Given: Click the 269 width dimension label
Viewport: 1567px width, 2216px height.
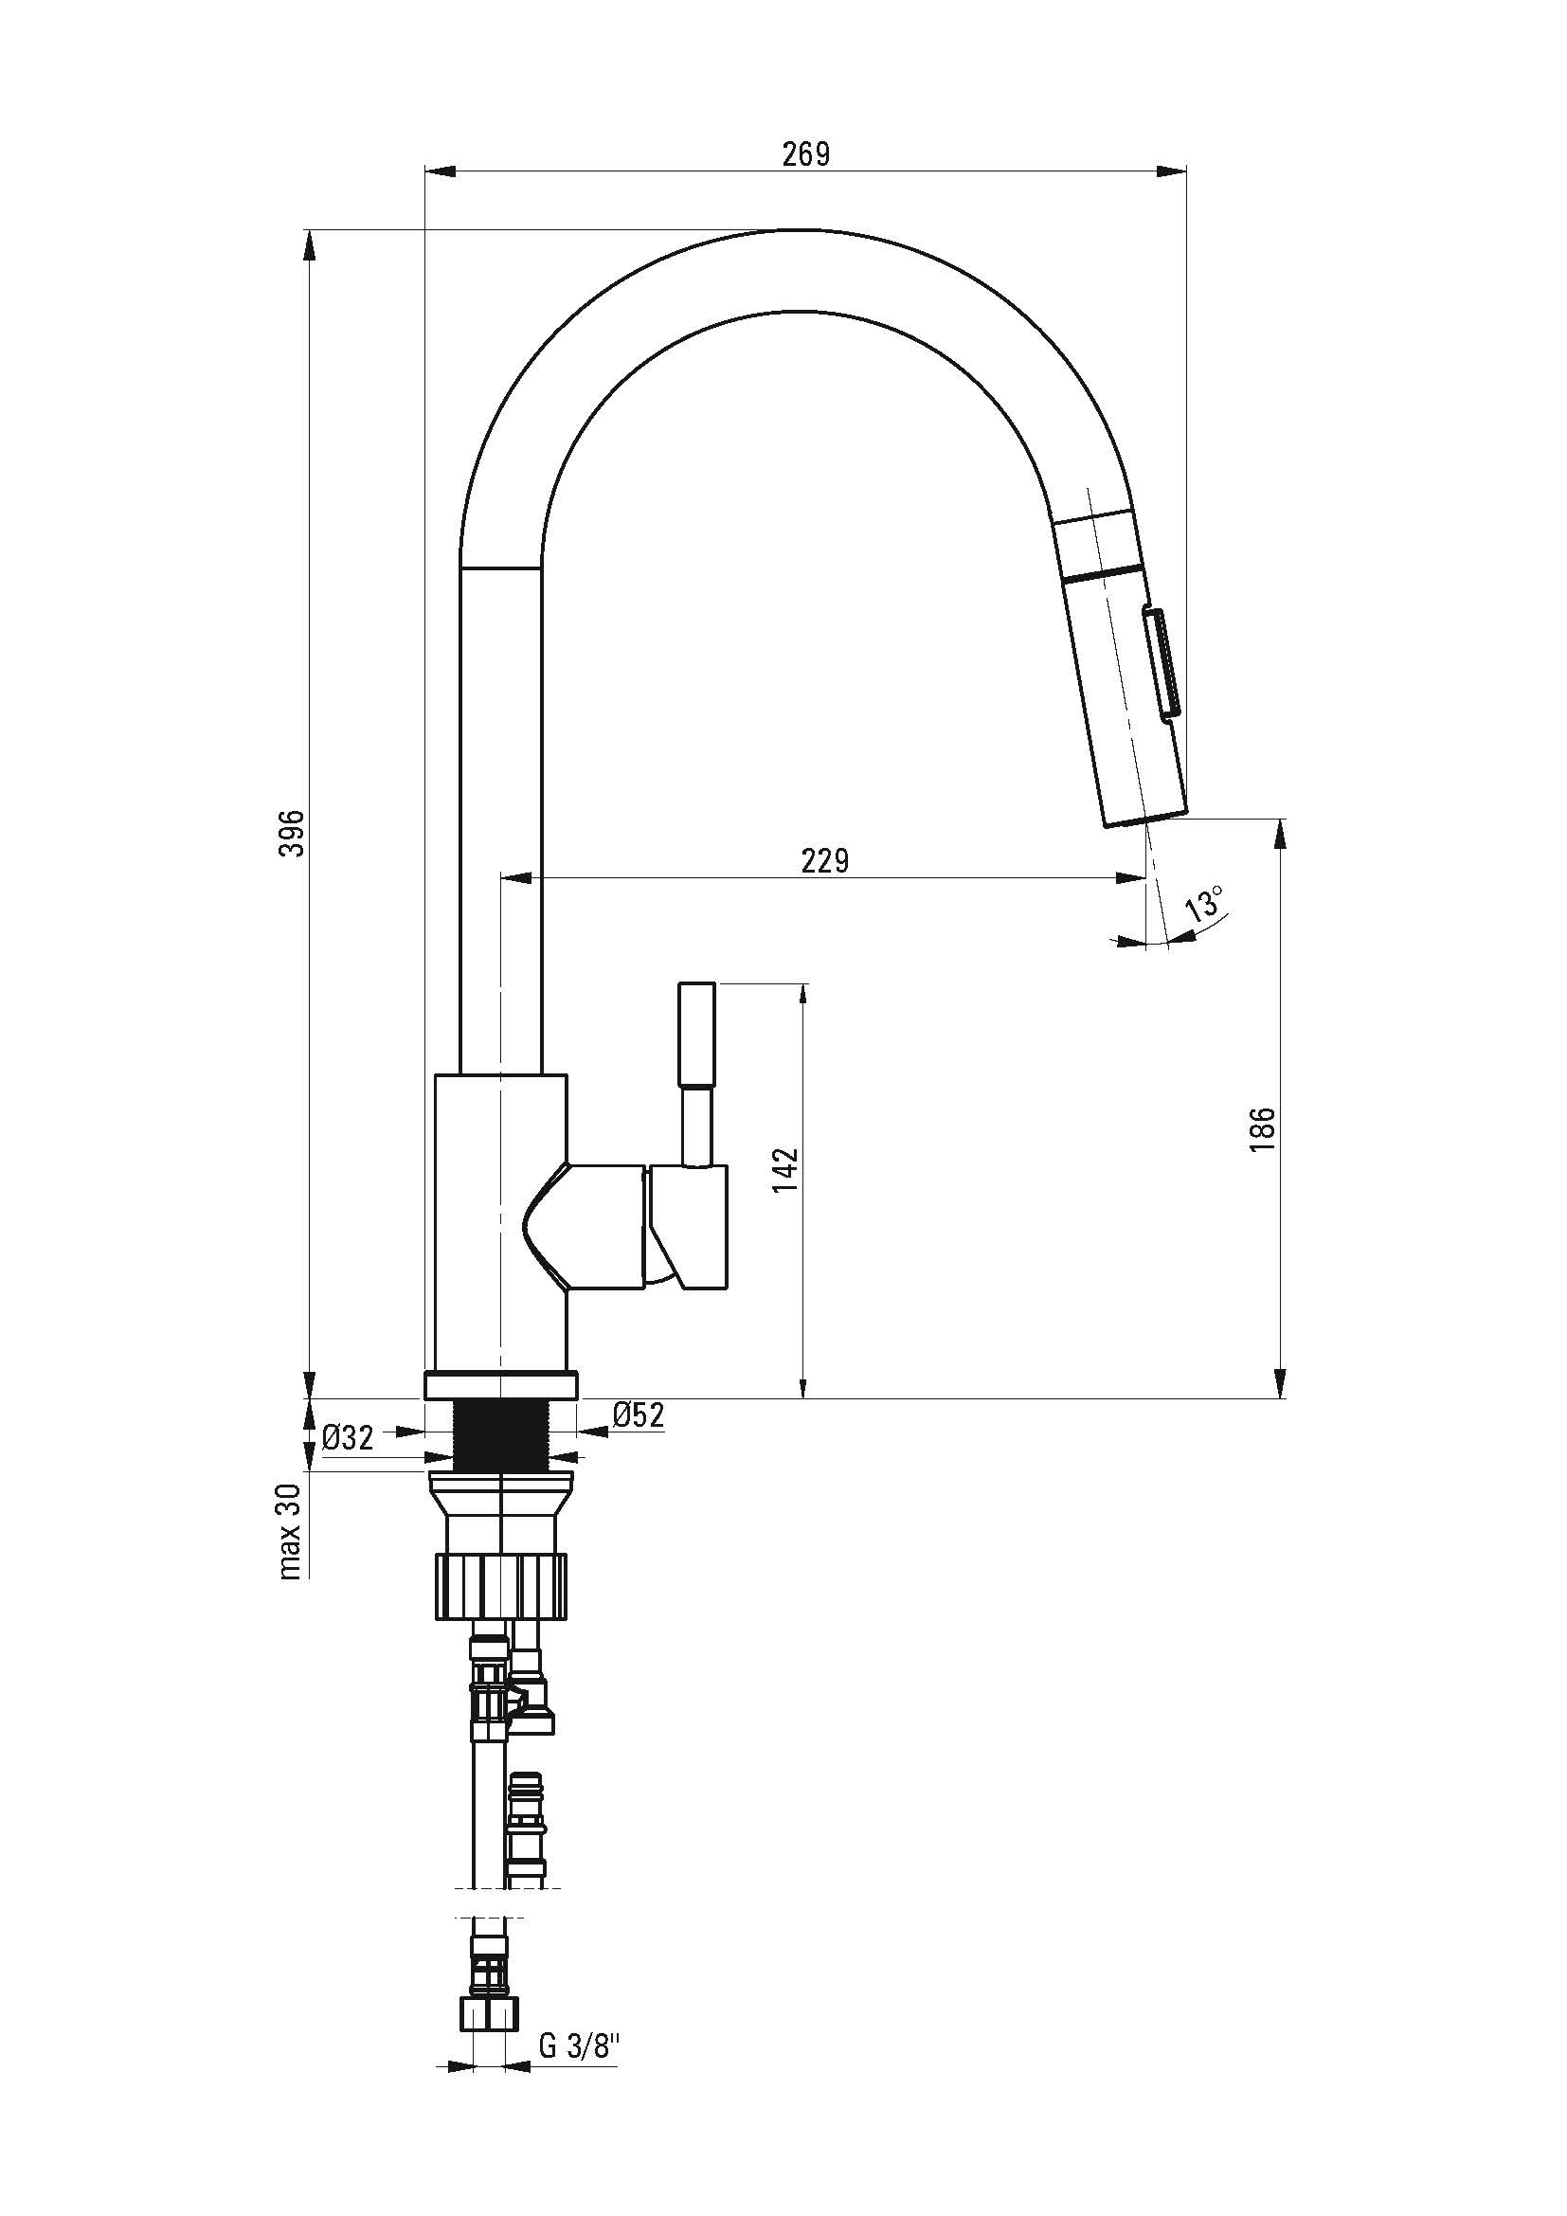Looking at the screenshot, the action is pyautogui.click(x=805, y=154).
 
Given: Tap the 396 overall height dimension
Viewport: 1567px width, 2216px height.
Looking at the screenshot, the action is pyautogui.click(x=293, y=833).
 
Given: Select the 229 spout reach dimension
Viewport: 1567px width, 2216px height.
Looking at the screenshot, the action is pyautogui.click(x=825, y=860).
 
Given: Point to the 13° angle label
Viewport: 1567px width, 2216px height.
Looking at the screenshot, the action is pyautogui.click(x=1205, y=907).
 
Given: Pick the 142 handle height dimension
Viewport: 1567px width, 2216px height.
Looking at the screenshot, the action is pyautogui.click(x=786, y=1171).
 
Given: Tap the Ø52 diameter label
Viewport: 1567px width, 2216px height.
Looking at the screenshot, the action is pyautogui.click(x=639, y=1415).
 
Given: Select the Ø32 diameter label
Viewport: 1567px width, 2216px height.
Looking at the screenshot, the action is pyautogui.click(x=348, y=1438).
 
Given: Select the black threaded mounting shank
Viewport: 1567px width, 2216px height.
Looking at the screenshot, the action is pyautogui.click(x=502, y=1436).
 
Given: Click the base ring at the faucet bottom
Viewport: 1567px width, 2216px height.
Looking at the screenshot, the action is pyautogui.click(x=502, y=1385).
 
